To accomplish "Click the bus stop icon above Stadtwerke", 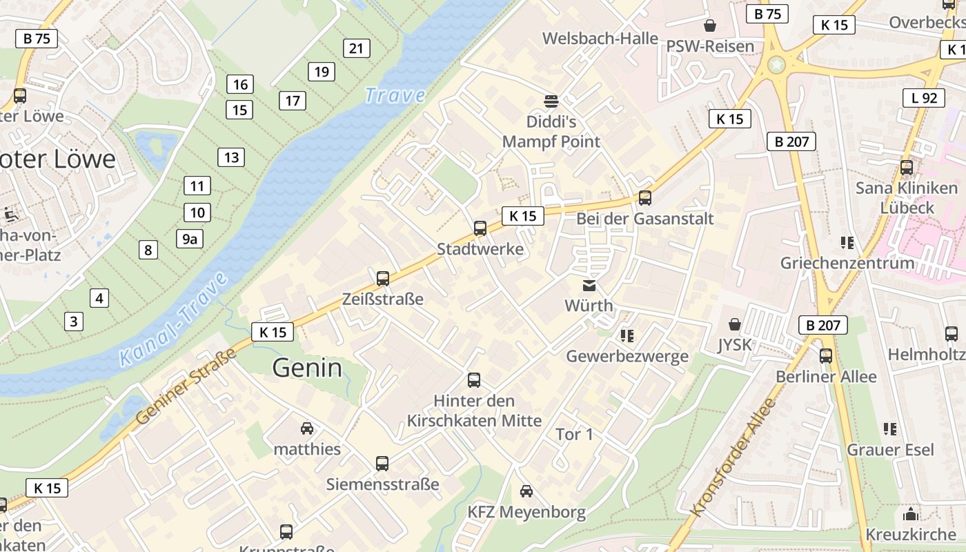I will (x=480, y=228).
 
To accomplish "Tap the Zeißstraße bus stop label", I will (x=383, y=299).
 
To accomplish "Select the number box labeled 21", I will (x=356, y=48).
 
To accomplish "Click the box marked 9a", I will (x=190, y=239).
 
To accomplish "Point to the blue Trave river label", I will (x=395, y=95).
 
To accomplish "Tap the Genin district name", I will (x=307, y=368).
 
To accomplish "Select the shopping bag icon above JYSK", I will (x=735, y=324).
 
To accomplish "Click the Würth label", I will (x=589, y=305).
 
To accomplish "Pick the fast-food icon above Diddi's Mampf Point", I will (x=551, y=101).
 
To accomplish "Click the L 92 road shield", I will (x=923, y=98).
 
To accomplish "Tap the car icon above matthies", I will (x=307, y=428).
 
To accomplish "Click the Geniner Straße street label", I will (x=186, y=386).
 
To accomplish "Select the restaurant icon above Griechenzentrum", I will (x=847, y=242).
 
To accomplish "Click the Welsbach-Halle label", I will (x=600, y=38).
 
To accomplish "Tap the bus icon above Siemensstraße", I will (x=382, y=463).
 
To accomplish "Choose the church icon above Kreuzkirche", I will (x=911, y=514).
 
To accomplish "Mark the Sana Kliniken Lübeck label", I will (x=907, y=197).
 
